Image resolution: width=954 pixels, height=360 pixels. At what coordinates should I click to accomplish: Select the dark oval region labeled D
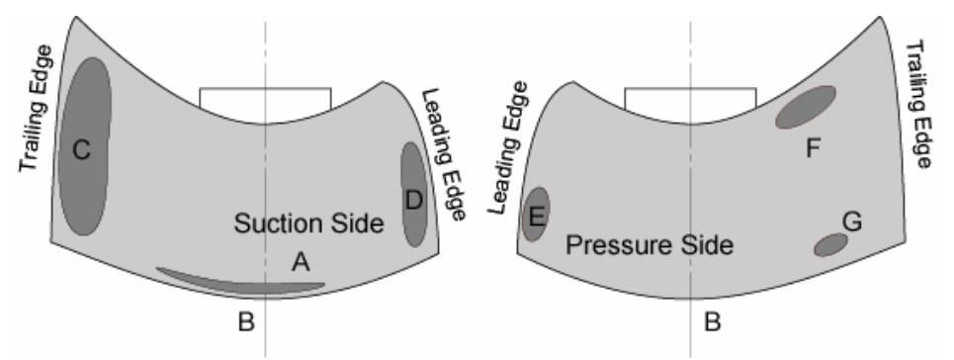click(x=413, y=194)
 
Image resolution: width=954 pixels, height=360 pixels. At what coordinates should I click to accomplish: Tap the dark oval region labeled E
click(x=536, y=214)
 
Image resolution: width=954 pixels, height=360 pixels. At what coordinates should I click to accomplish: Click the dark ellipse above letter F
click(x=805, y=107)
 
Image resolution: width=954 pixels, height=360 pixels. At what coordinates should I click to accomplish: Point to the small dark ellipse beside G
click(x=830, y=243)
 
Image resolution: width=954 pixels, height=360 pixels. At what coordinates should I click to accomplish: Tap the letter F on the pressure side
click(x=813, y=147)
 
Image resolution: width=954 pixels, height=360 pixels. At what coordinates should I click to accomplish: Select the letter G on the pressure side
click(x=852, y=220)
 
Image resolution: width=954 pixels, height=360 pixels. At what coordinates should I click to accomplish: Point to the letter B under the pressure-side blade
click(x=709, y=321)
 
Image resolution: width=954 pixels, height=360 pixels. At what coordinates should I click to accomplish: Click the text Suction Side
click(x=307, y=224)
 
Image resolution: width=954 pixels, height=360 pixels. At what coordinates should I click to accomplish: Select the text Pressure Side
click(x=649, y=245)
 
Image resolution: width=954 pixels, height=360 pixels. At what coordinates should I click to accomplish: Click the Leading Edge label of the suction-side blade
click(x=444, y=153)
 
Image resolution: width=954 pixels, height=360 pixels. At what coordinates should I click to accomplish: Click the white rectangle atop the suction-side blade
click(x=265, y=98)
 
